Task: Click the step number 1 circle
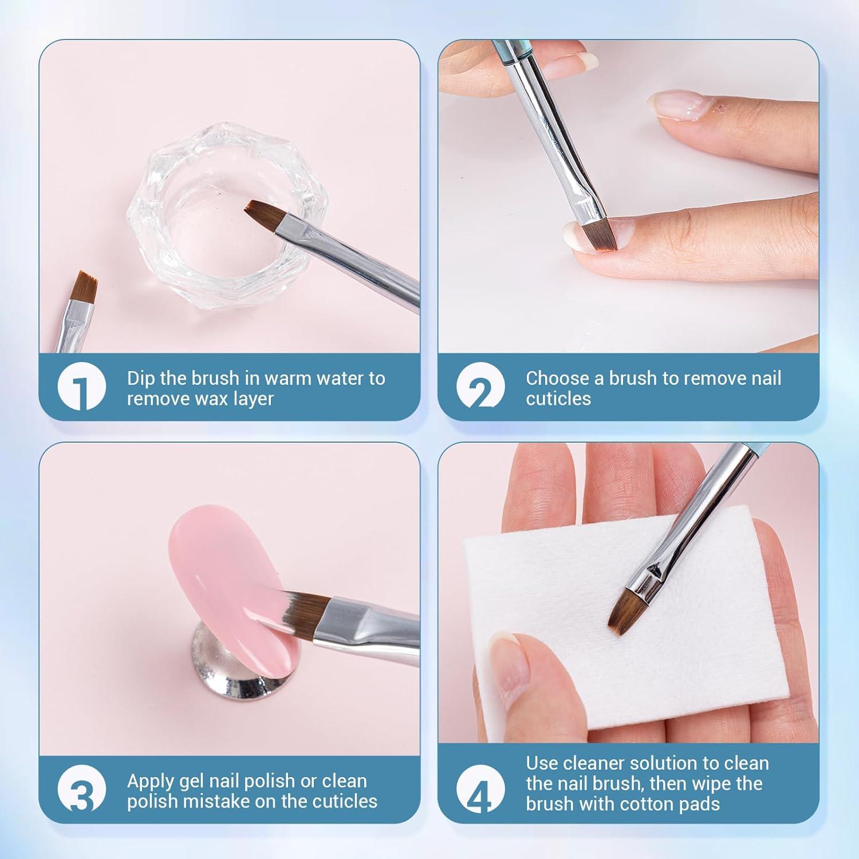82,387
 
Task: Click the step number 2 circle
480,387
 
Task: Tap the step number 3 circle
82,789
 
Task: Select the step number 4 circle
480,789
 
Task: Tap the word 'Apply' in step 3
152,781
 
